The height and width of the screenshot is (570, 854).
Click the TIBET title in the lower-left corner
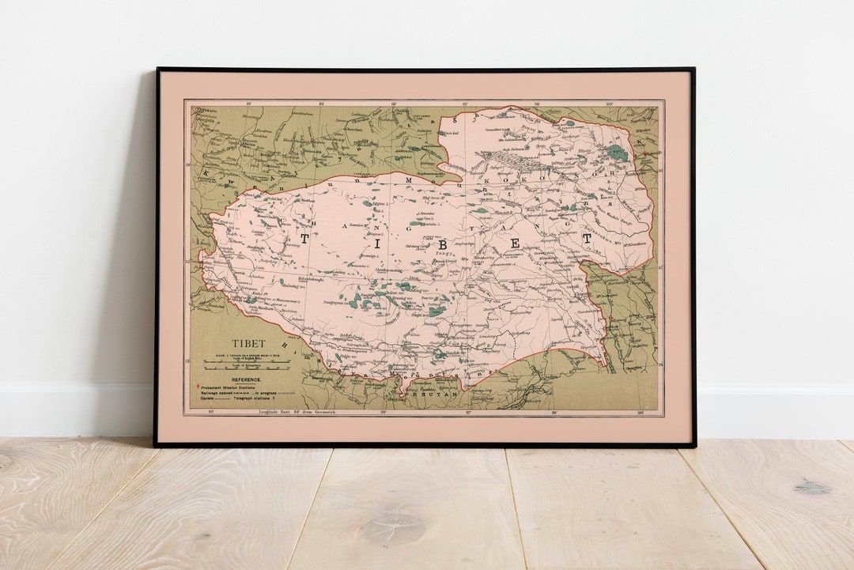tap(248, 344)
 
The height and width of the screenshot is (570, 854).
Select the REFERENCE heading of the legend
tap(236, 379)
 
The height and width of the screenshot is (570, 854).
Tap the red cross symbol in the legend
tap(202, 387)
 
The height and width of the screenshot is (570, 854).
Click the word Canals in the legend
tap(207, 399)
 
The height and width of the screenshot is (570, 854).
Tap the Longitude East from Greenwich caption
tap(301, 412)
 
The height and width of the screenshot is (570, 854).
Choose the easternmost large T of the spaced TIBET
tap(586, 237)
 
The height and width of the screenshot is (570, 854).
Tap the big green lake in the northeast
tap(618, 153)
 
